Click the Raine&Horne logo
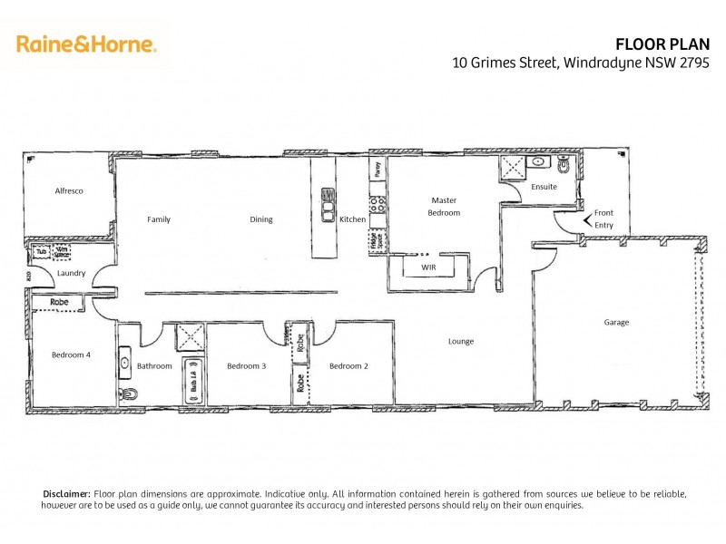click(x=86, y=44)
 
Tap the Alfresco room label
click(x=69, y=191)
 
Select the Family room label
click(x=159, y=219)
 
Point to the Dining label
click(x=261, y=219)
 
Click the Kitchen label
click(x=352, y=219)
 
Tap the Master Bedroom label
click(x=444, y=206)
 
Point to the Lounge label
click(x=461, y=342)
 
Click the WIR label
click(x=428, y=268)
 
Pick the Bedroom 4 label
click(x=70, y=355)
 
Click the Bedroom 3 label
click(x=246, y=366)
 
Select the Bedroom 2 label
click(x=348, y=366)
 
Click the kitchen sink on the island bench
click(x=326, y=205)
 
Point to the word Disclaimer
click(x=67, y=492)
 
